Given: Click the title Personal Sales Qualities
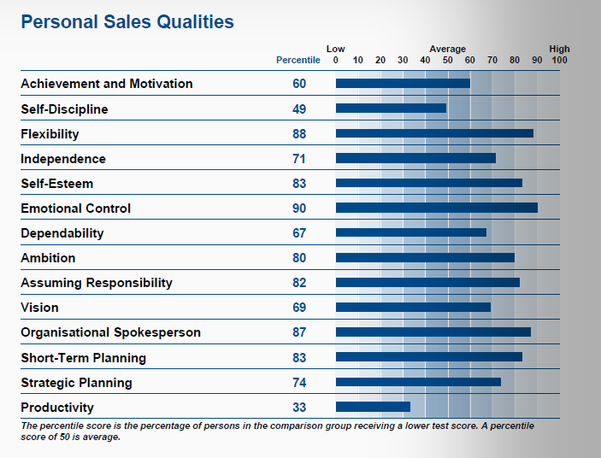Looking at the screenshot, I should (127, 22).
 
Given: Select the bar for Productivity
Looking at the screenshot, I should (373, 407).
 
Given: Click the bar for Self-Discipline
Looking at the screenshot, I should (391, 109).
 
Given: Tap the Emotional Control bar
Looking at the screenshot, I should (436, 208).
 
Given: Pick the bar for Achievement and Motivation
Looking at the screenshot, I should (403, 84).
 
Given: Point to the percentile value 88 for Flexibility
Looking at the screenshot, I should (298, 134).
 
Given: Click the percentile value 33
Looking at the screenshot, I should (298, 408).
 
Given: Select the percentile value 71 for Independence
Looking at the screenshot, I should (298, 159).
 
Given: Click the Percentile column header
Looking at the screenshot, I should (298, 61).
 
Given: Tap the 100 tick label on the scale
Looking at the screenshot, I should (559, 61).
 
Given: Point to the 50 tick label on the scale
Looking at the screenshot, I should (447, 61).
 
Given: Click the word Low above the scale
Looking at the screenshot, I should (336, 50).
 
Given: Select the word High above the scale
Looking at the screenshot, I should (559, 50).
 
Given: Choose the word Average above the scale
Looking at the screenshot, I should (447, 50).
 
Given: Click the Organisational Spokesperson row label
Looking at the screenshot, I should (110, 332).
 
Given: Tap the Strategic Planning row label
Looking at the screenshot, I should (77, 383).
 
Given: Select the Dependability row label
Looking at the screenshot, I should (62, 233).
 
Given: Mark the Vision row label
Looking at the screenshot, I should (39, 308).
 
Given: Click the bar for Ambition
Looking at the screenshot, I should (425, 258).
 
